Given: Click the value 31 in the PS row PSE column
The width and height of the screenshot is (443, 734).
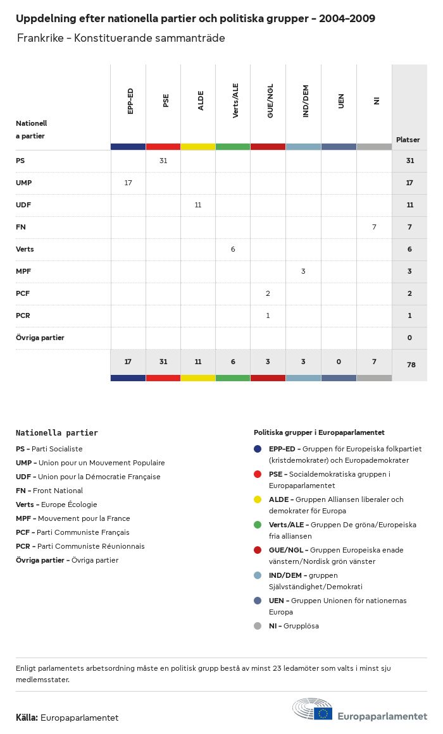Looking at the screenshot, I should click(x=163, y=161).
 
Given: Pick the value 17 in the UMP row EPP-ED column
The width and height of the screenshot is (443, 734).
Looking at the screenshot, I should click(x=128, y=183).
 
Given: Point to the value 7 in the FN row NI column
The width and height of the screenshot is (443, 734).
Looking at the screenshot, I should click(x=374, y=227).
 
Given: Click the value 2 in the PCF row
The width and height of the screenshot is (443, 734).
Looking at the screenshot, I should click(x=268, y=293).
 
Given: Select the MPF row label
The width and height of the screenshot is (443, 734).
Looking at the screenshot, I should click(x=23, y=271).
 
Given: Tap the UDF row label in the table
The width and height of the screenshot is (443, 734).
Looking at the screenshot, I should click(x=23, y=205).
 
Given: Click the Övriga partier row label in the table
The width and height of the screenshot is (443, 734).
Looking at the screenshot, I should click(x=40, y=338).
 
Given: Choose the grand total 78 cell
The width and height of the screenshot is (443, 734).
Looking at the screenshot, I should click(x=409, y=365).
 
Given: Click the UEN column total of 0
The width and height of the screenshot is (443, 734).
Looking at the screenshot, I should click(x=339, y=362).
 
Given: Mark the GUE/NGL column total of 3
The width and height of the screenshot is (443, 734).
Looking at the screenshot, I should click(x=268, y=362).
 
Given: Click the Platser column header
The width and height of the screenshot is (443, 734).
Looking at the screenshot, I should click(x=408, y=140).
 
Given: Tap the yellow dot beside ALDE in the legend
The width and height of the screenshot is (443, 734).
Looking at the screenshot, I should click(x=258, y=499).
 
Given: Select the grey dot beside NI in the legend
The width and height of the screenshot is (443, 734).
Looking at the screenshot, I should click(x=258, y=626).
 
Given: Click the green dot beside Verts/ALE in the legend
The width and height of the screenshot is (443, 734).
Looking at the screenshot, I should click(x=258, y=525).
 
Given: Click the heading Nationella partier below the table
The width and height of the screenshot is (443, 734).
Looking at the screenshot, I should click(x=57, y=433).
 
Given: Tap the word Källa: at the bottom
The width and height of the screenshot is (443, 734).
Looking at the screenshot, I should click(x=27, y=718).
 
